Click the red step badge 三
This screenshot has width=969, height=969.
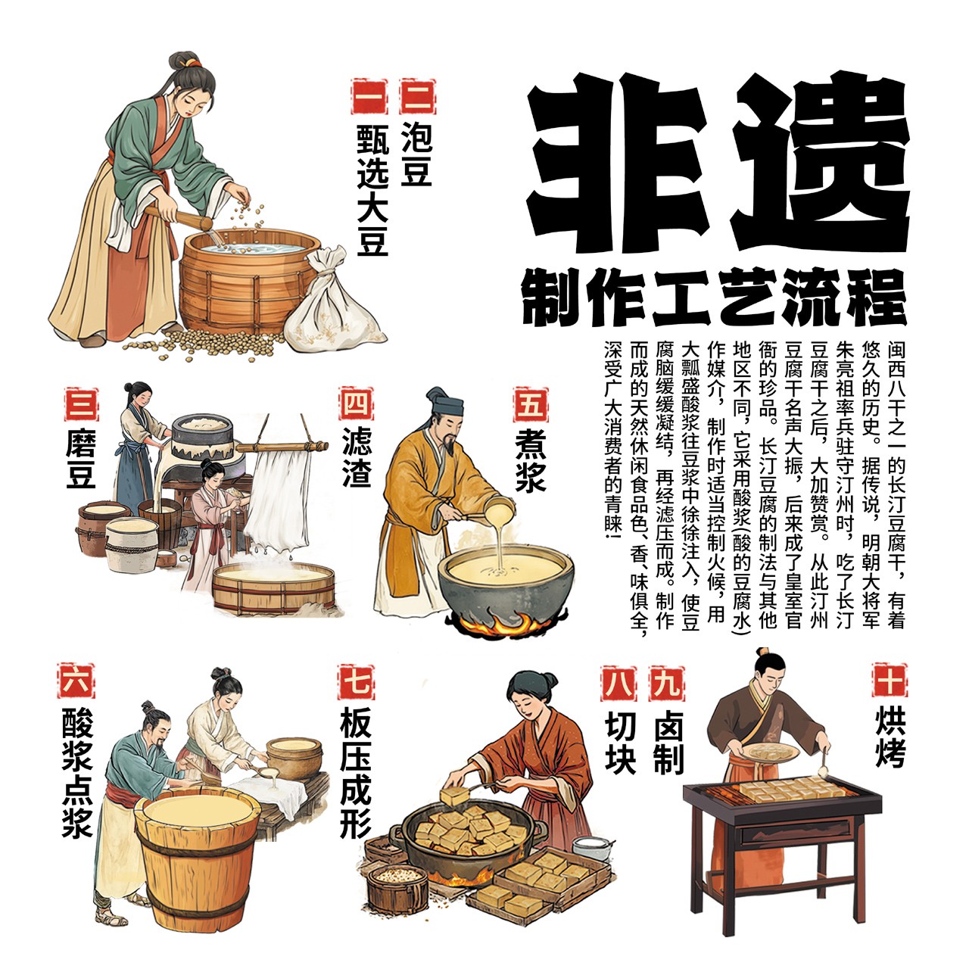pyautogui.click(x=81, y=403)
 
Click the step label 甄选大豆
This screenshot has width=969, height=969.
pyautogui.click(x=372, y=190)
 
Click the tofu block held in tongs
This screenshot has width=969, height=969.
pyautogui.click(x=454, y=794)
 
